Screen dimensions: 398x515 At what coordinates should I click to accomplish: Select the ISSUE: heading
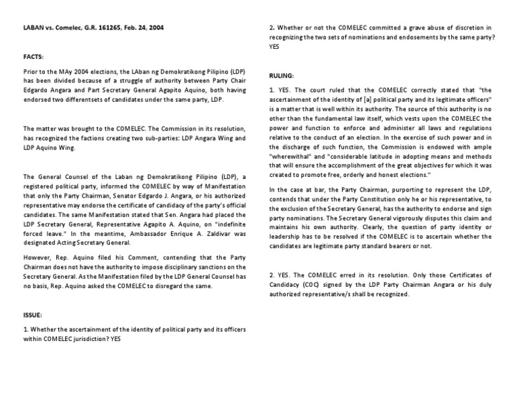pyautogui.click(x=32, y=314)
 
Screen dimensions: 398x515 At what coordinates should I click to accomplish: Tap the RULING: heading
pyautogui.click(x=282, y=76)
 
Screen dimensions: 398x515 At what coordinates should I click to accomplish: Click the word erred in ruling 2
pyautogui.click(x=351, y=275)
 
